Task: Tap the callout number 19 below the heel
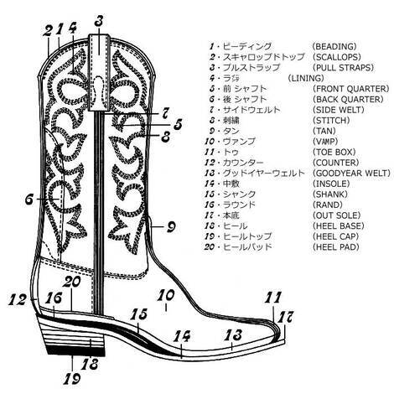tap(72, 378)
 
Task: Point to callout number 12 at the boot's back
tap(18, 299)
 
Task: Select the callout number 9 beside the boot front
tap(171, 226)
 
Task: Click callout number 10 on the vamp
tap(166, 295)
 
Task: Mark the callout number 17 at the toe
tap(284, 317)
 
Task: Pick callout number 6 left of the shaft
tap(29, 199)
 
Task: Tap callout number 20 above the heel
tap(71, 282)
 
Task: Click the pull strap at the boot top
tap(99, 73)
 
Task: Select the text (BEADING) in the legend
tap(334, 46)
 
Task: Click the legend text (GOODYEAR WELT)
tap(351, 173)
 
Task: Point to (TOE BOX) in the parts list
tap(334, 152)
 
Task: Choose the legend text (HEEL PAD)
tap(335, 246)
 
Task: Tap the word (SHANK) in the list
tap(330, 194)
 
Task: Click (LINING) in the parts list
tap(306, 78)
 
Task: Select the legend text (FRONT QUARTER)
tap(350, 89)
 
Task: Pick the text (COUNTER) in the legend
tap(335, 163)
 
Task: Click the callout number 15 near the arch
tap(138, 314)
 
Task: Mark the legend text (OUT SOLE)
tap(336, 215)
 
